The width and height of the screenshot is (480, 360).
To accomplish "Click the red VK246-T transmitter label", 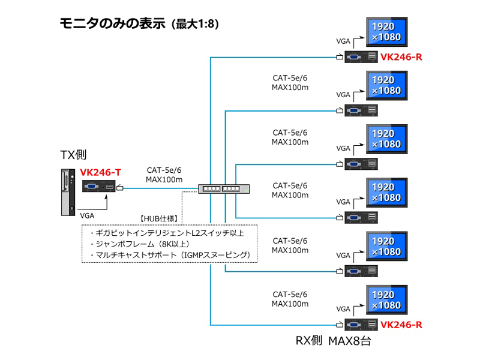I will pyautogui.click(x=101, y=173).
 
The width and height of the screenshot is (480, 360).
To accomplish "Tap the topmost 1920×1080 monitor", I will pyautogui.click(x=386, y=32).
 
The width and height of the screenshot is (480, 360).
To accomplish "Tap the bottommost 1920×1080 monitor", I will pyautogui.click(x=386, y=300).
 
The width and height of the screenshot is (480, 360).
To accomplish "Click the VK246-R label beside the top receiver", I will pyautogui.click(x=401, y=58).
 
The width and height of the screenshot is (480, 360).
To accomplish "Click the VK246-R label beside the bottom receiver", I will pyautogui.click(x=401, y=325).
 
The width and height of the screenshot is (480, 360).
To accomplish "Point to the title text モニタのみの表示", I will pyautogui.click(x=112, y=24).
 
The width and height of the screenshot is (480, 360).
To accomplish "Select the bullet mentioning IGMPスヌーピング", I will pyautogui.click(x=169, y=255).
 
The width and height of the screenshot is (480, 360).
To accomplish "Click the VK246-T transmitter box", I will pyautogui.click(x=98, y=187).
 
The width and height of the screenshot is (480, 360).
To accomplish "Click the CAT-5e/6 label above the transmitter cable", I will pyautogui.click(x=164, y=170).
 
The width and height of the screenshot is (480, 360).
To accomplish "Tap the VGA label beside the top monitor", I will pyautogui.click(x=343, y=41).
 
